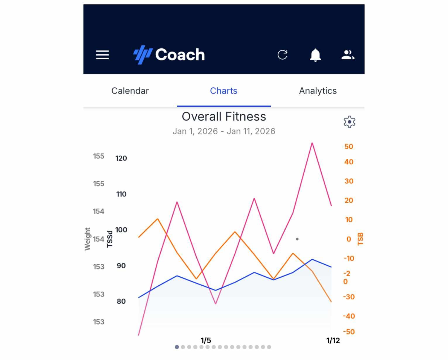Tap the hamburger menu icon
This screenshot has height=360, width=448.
[x=102, y=55]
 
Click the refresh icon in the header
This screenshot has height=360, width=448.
[x=282, y=55]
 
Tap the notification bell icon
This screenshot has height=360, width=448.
[x=315, y=55]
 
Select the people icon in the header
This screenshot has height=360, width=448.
[x=348, y=55]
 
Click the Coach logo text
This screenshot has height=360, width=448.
[x=180, y=55]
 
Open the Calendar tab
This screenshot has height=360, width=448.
[x=130, y=91]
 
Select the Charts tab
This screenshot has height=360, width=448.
[x=224, y=91]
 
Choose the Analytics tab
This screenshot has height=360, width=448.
[x=318, y=91]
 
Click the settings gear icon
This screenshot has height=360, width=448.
[x=349, y=122]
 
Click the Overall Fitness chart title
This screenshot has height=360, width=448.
[x=224, y=117]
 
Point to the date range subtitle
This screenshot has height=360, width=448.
[x=224, y=131]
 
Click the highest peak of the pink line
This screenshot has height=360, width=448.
[x=312, y=143]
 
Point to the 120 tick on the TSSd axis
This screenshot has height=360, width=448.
[x=121, y=158]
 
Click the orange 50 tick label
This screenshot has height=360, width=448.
[x=349, y=147]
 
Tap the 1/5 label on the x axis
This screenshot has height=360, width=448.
[x=206, y=340]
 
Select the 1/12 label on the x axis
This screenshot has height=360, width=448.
[x=333, y=340]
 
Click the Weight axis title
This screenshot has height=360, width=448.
[x=87, y=239]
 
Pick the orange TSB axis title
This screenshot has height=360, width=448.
[x=361, y=239]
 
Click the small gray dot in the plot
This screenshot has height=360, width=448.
[x=297, y=239]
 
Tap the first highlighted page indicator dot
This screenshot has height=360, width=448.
[x=177, y=347]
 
